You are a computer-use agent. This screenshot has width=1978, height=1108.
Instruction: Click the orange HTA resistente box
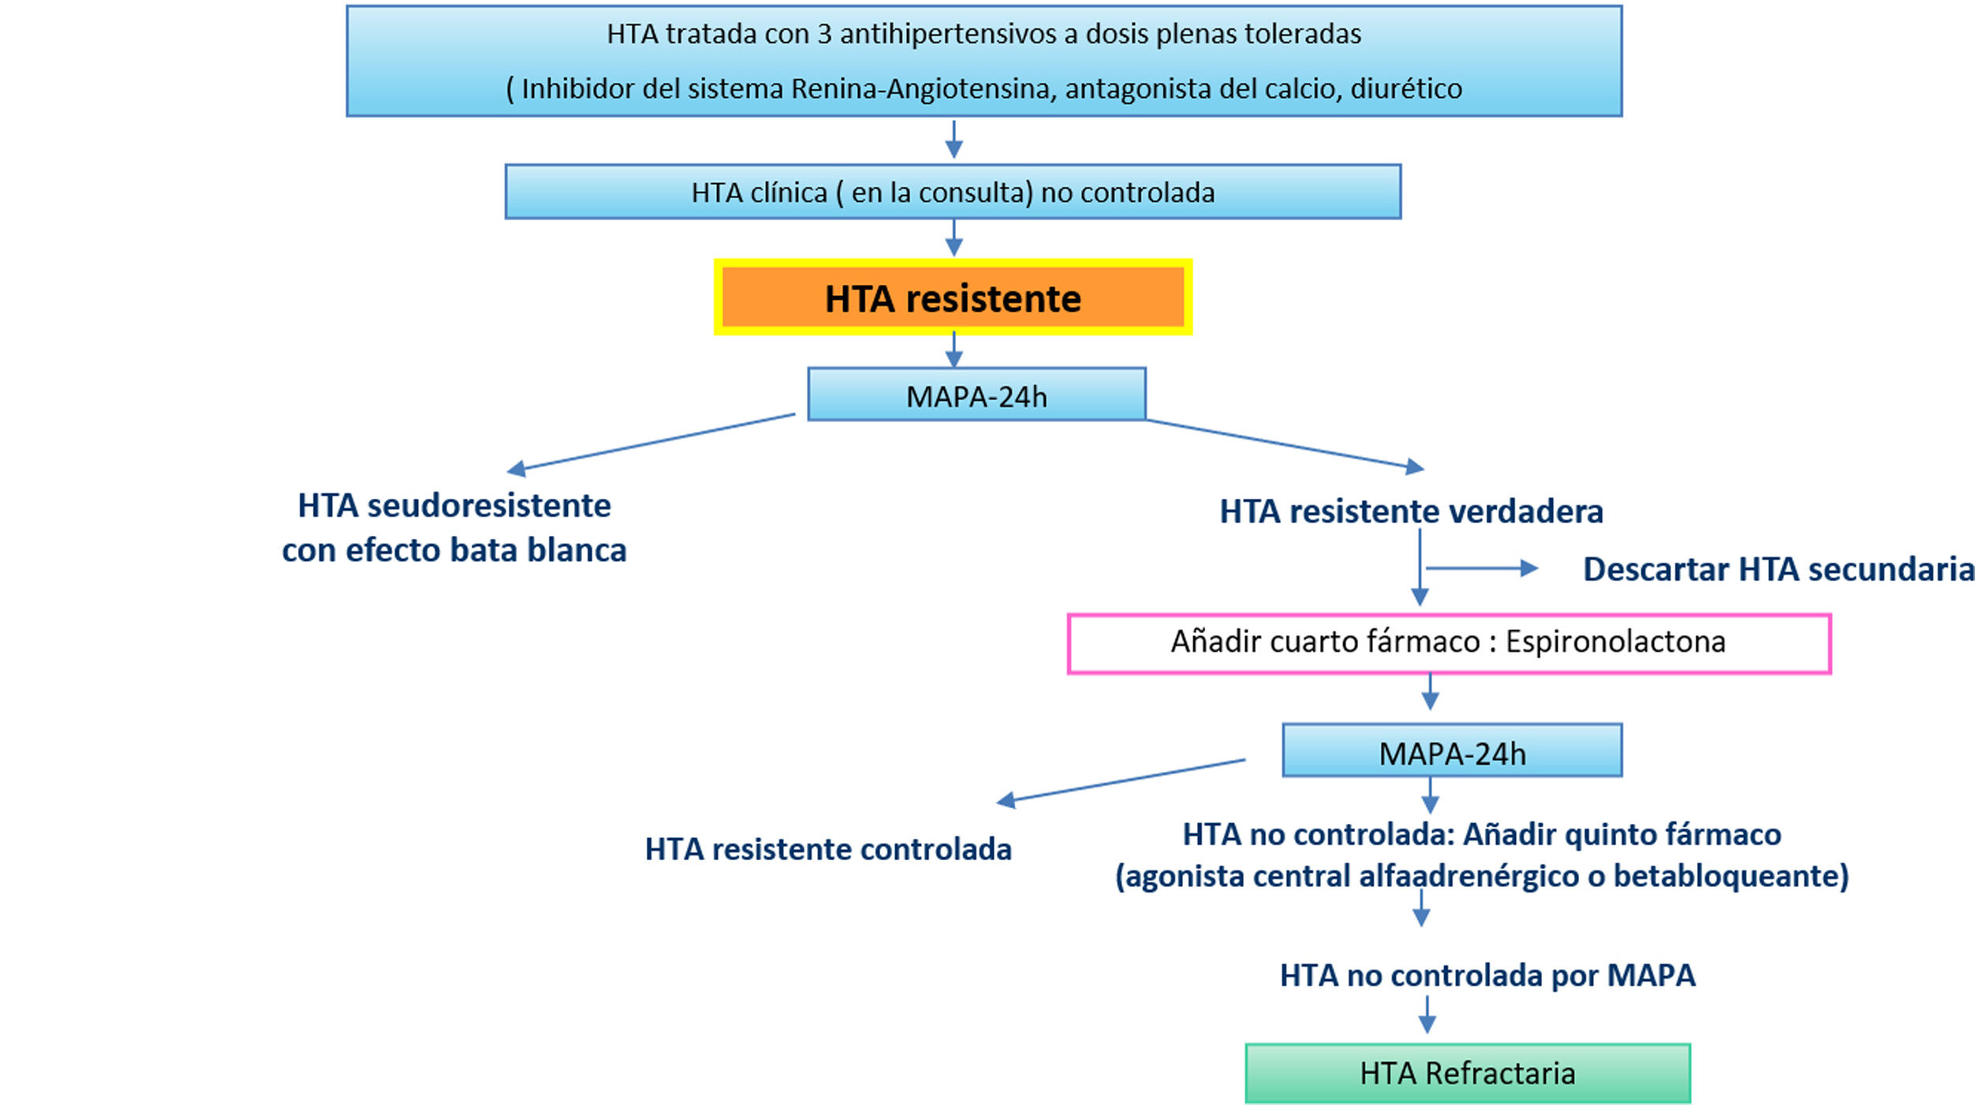953,298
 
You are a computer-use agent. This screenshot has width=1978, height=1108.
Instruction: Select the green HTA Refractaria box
1468,1073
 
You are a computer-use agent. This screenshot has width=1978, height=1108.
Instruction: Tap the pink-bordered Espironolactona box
1449,643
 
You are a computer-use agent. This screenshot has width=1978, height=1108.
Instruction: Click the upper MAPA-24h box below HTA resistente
976,395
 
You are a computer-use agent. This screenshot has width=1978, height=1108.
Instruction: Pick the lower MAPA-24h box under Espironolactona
1452,751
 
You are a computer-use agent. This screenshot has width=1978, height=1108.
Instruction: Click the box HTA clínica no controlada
953,192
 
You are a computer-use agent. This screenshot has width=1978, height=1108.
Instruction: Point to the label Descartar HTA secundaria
1778,569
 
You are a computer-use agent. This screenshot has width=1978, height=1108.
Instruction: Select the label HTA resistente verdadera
1411,511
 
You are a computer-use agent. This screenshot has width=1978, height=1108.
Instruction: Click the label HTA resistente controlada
828,849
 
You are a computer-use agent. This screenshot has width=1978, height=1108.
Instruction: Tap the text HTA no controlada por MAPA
1487,975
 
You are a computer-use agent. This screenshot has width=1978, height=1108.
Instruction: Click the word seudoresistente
489,506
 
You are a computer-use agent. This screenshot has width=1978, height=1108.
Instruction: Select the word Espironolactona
1615,642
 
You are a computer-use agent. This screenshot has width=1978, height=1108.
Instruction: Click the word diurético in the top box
1406,88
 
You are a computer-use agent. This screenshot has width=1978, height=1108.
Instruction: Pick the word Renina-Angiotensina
924,88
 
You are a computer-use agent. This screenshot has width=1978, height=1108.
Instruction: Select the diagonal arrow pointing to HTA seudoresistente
651,442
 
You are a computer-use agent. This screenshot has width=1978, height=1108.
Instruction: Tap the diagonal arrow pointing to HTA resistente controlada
1121,781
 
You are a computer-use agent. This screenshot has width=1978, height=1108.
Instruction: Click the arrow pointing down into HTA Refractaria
1427,1015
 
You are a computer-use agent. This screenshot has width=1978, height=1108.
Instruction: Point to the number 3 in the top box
824,34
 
